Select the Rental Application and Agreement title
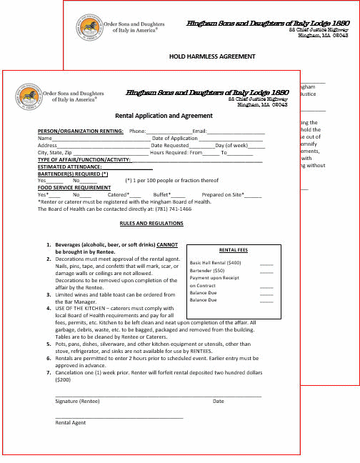(x=164, y=116)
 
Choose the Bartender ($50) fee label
(x=207, y=271)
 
